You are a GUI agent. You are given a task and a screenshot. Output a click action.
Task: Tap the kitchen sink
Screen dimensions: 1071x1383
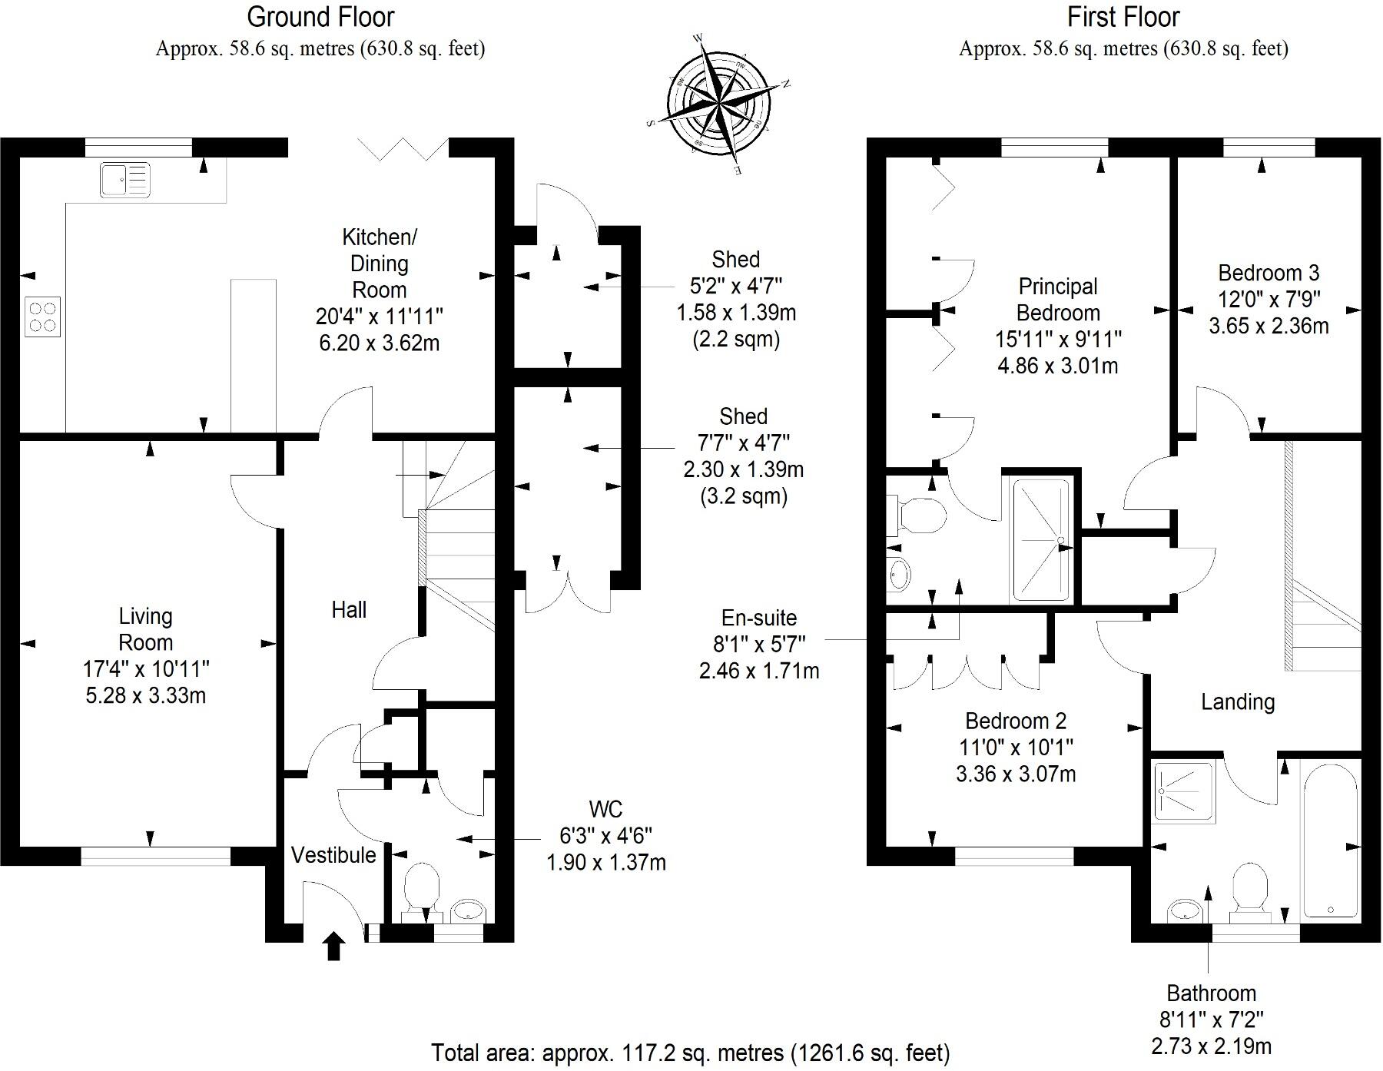click(x=124, y=180)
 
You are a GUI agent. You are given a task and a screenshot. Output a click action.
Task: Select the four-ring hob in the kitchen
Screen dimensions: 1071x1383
click(x=42, y=317)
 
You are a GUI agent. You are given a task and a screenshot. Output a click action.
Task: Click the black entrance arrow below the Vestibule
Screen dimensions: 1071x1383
click(x=333, y=946)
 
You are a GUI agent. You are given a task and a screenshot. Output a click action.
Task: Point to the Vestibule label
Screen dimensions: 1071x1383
click(x=333, y=855)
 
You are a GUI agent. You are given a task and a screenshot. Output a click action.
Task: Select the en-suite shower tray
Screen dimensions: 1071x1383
click(x=1040, y=539)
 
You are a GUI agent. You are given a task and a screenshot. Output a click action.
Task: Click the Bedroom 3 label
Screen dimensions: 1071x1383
click(x=1269, y=273)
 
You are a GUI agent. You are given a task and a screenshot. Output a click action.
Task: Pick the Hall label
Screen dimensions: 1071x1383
click(x=348, y=610)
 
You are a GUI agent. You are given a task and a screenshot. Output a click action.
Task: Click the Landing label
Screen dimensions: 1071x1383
click(x=1237, y=701)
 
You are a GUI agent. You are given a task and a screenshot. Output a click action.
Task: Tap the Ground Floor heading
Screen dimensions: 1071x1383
click(x=320, y=17)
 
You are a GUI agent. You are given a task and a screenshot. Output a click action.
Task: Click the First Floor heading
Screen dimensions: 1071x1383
click(x=1123, y=17)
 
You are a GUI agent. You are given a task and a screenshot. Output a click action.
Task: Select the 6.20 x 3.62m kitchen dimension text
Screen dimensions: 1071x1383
click(x=379, y=343)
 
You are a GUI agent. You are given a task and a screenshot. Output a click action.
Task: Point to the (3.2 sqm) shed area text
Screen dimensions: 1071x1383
click(x=743, y=496)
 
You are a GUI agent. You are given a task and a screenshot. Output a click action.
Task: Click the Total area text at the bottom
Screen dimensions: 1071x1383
click(x=690, y=1052)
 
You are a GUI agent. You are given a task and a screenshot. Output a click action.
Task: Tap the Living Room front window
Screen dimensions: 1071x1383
click(x=155, y=856)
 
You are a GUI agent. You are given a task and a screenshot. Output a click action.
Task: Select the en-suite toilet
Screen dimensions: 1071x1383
click(x=918, y=515)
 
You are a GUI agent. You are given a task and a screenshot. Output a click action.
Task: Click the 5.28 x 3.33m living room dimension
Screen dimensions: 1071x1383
click(x=145, y=695)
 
